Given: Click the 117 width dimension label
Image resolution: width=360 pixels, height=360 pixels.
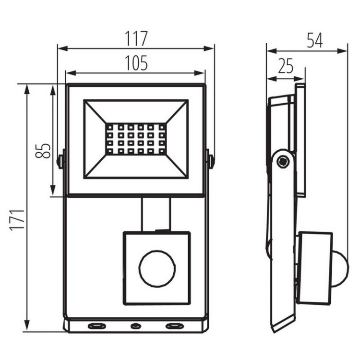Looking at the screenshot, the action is tap(136, 38).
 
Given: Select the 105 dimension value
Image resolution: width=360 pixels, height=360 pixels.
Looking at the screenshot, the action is tap(136, 63).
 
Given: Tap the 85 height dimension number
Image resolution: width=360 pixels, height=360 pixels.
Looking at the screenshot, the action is tap(43, 151).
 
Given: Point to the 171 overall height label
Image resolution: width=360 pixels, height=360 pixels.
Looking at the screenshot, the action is tap(17, 219).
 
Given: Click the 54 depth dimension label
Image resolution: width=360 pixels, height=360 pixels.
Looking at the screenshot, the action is tap(315, 40).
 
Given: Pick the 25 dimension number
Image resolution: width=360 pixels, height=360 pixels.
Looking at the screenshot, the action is tap(286, 66).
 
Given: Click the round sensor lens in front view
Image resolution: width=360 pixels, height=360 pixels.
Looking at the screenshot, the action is tap(157, 268).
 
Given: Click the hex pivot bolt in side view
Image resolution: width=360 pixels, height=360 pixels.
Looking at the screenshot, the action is tap(283, 162).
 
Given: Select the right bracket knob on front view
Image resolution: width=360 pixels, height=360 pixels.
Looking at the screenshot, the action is tap(210, 159).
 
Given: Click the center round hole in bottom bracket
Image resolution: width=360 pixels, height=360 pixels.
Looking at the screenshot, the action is tap(136, 325).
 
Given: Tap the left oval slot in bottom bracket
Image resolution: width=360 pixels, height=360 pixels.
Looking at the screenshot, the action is tap(97, 325).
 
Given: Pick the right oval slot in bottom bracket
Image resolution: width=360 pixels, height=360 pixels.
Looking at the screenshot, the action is tap(175, 325).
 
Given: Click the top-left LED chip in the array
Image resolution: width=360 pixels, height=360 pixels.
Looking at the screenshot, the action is tap(110, 127).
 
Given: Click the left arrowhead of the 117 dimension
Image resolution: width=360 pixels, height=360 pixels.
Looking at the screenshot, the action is tap(62, 48).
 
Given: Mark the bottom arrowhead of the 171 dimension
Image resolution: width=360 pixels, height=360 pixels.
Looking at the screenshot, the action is tap(27, 325).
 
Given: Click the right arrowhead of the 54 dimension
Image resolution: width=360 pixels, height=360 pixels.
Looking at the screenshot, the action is tap(342, 51).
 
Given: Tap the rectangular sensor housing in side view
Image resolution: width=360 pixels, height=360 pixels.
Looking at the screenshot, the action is tap(314, 268).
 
